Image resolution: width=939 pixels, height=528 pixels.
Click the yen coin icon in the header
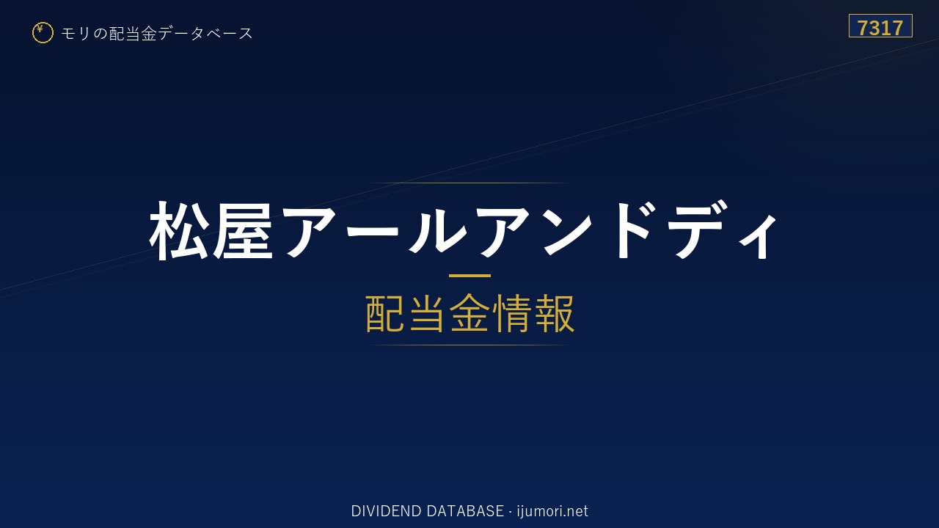[x=43, y=33]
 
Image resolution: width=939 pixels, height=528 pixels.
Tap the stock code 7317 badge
[x=880, y=26]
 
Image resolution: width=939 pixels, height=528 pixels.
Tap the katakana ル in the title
[x=437, y=230]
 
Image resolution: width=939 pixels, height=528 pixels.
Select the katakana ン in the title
[x=567, y=230]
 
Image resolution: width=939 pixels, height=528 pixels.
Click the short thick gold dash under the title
[x=469, y=276]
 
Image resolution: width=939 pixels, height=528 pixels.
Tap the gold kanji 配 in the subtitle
[x=386, y=313]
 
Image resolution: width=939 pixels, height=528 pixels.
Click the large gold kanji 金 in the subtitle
[x=469, y=313]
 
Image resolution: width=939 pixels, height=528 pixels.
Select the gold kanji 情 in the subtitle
[x=512, y=313]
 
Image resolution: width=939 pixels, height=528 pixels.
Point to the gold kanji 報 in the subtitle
[x=554, y=313]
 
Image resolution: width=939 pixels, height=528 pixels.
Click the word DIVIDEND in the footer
[x=387, y=511]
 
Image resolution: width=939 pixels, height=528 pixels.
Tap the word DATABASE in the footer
[x=465, y=511]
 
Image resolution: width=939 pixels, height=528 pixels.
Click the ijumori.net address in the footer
[x=552, y=511]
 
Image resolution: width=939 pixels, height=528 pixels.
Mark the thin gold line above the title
[x=469, y=183]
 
